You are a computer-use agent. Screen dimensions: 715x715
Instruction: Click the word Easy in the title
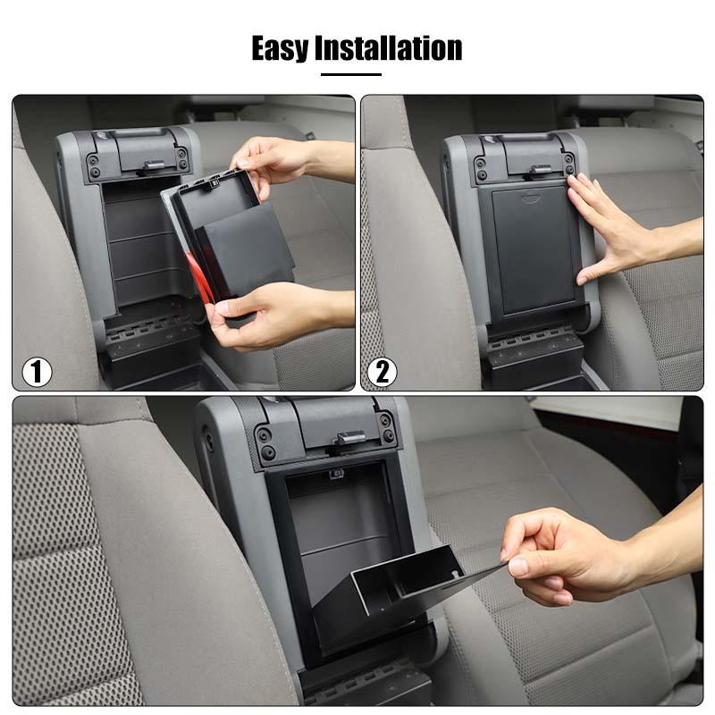point(280,47)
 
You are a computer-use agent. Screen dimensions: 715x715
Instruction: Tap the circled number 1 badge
point(37,371)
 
